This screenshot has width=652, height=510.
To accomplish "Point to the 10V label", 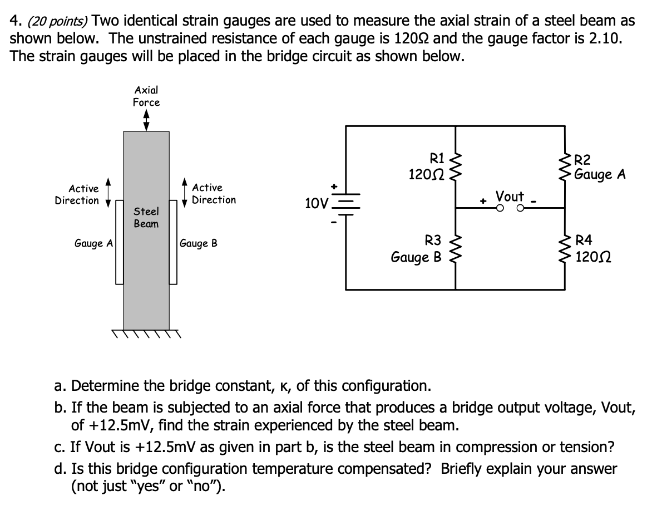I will pos(317,203).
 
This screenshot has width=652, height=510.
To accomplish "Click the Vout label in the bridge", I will pos(510,197).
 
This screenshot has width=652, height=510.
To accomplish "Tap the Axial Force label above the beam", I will pos(146,96).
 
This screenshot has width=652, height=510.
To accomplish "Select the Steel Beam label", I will pos(146,218).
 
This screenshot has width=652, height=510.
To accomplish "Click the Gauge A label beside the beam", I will pos(94,243).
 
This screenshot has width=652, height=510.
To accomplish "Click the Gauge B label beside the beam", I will pos(199,243).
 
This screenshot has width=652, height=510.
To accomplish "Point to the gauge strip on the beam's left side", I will pos(119,243).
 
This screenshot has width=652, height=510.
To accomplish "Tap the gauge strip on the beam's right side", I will pos(174,243).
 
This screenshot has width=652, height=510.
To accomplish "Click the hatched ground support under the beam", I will pos(146,334).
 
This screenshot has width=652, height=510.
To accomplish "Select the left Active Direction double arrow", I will pos(108,193).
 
